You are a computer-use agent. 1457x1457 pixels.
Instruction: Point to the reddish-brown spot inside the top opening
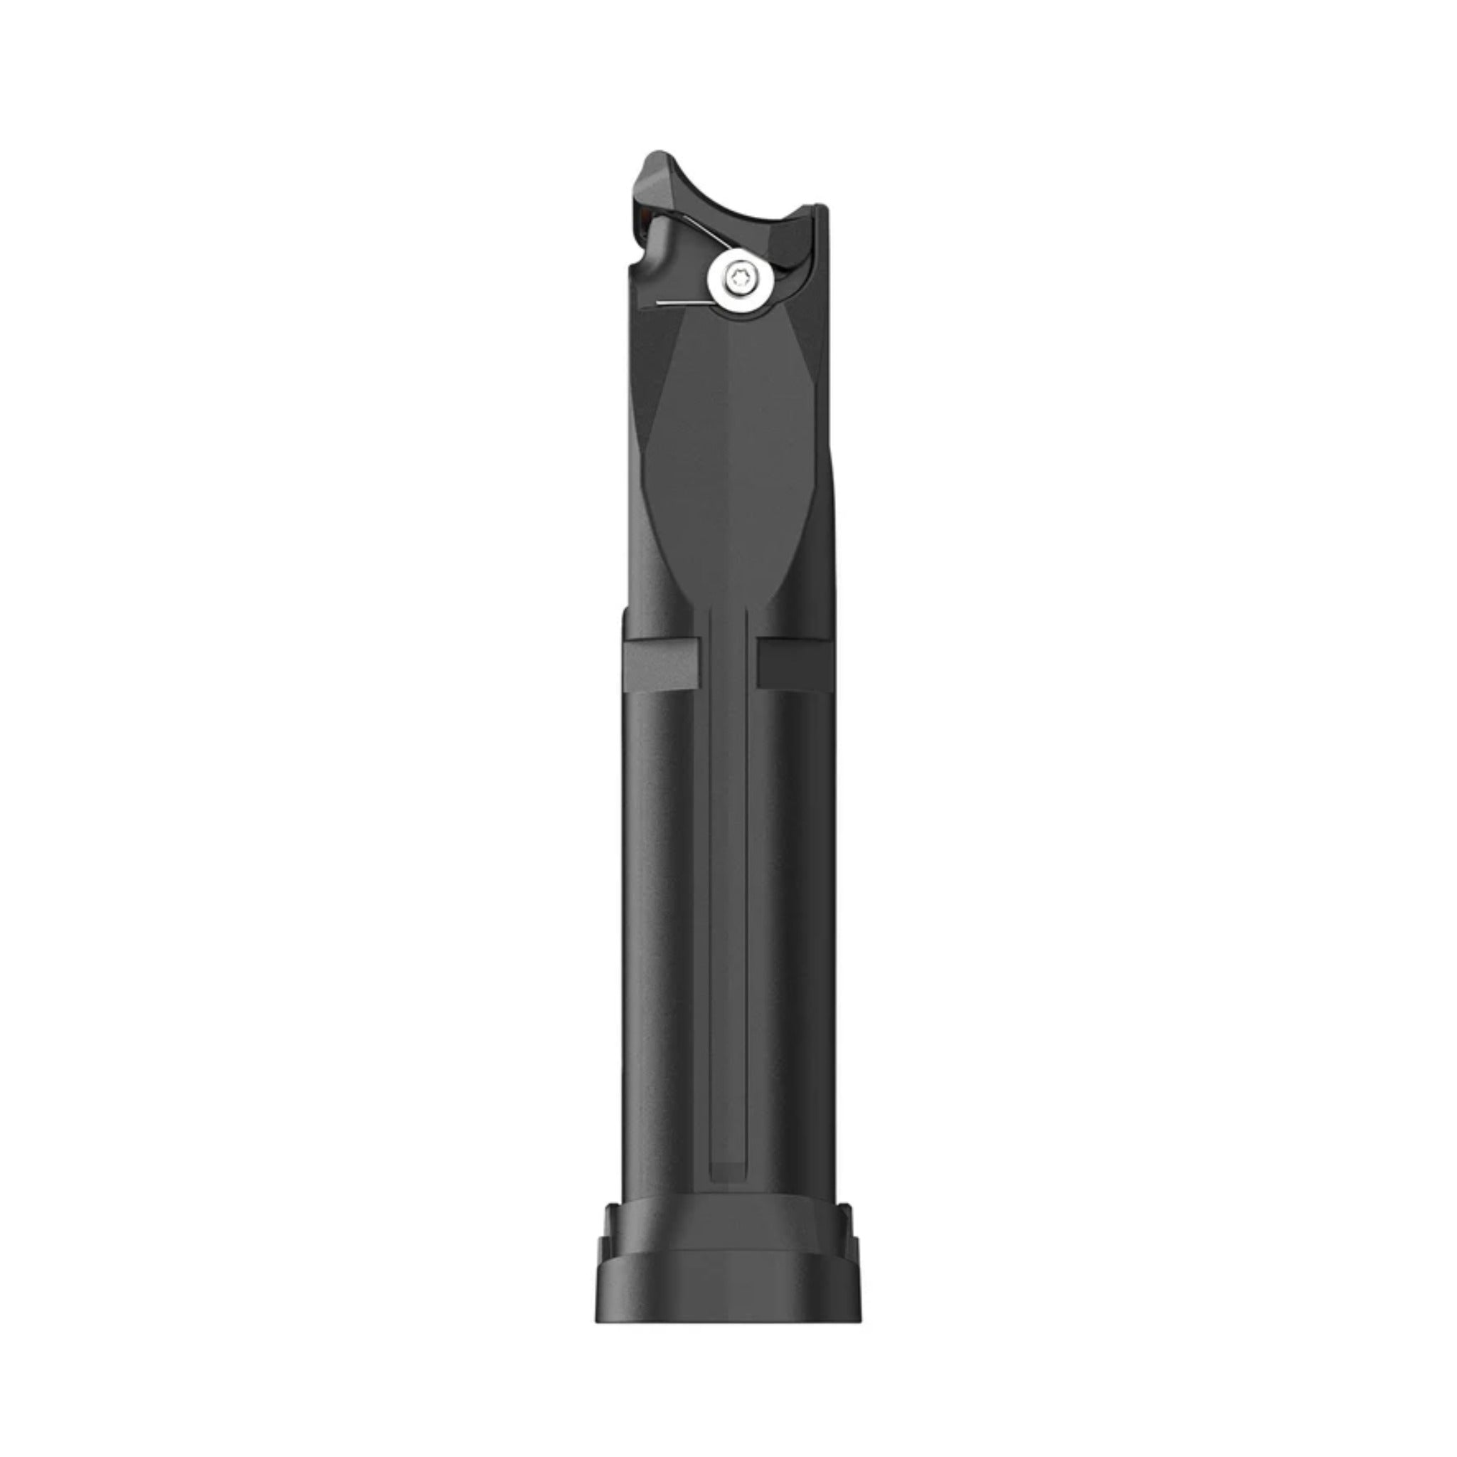coord(643,218)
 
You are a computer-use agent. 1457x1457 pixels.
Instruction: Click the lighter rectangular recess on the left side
coord(662,664)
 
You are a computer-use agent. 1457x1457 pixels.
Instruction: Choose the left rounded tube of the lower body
coord(664,943)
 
